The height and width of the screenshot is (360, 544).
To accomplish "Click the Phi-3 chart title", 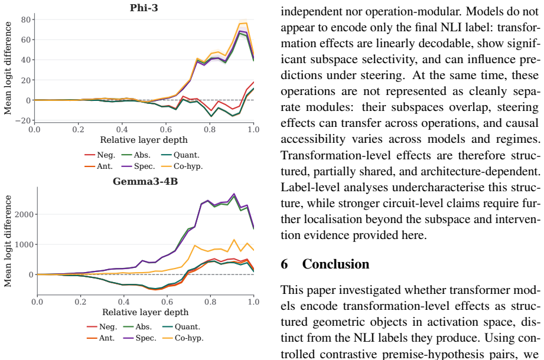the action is [144, 8].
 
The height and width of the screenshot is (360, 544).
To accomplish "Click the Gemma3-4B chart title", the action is [145, 181].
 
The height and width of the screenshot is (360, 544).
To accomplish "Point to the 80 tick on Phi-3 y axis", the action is [25, 19].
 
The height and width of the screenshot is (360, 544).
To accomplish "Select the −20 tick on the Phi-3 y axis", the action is [23, 120].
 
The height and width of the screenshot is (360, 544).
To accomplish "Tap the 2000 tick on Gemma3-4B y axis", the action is [24, 214].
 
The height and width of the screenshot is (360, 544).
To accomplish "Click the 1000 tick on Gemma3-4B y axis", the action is [24, 244].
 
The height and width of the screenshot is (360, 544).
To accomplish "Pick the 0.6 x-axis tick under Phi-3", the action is [166, 130].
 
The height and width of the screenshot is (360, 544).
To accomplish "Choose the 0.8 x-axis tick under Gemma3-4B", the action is [210, 302].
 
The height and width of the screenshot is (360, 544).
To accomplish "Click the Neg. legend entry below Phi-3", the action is [100, 155].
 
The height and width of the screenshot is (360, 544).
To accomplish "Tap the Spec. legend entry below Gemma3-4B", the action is [140, 338].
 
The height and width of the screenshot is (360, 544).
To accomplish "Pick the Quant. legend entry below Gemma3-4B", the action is [181, 327].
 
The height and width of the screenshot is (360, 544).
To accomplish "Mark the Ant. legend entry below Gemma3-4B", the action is [100, 338].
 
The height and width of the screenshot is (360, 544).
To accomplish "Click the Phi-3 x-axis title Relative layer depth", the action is [144, 140].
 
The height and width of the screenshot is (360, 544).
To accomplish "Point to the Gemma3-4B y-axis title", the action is [8, 241].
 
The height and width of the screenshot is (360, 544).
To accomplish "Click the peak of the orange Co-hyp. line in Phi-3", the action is [246, 23].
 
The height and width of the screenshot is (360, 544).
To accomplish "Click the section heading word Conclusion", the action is [335, 264].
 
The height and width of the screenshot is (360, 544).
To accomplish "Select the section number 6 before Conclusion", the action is [284, 264].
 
